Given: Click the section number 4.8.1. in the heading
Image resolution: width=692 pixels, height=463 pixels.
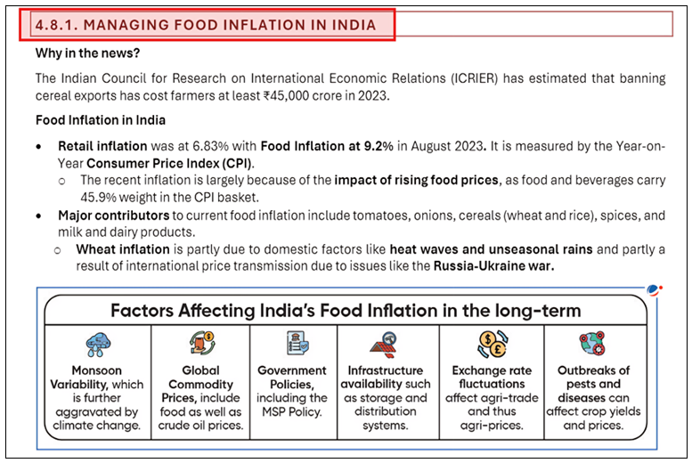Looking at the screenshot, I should point(57,25).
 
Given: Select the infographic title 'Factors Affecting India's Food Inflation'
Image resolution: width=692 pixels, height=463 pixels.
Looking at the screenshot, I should point(346,311).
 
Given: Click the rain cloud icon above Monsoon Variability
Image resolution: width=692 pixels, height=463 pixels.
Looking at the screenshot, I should point(98,344).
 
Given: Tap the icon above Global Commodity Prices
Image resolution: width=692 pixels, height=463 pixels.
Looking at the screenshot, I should point(200,343).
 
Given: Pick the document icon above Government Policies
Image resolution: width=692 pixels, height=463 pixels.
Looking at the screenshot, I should point(293,343).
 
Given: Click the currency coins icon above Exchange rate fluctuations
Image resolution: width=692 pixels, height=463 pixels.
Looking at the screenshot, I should point(492,343).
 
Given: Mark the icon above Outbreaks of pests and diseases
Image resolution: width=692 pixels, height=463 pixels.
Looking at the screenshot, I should point(593,343).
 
